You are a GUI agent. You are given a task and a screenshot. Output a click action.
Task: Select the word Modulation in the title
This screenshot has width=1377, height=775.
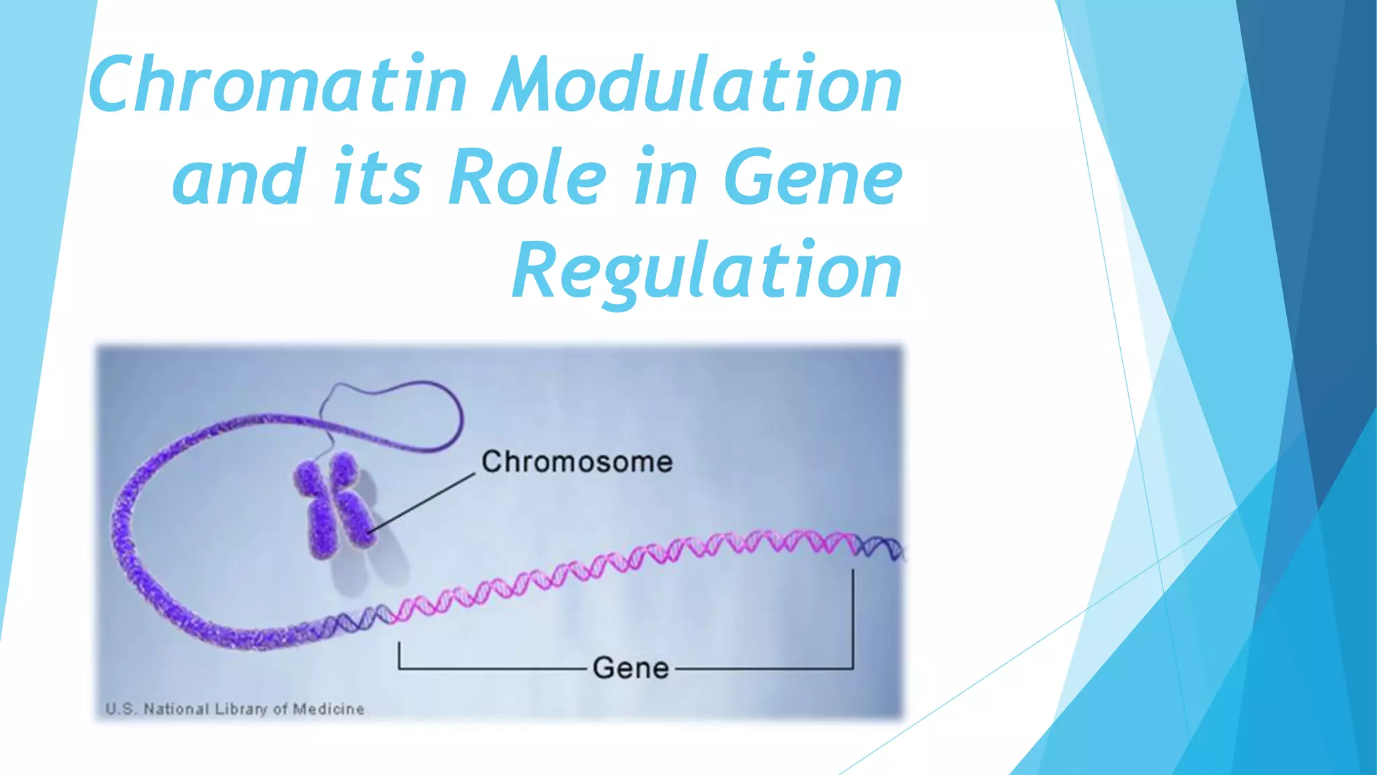tap(697, 85)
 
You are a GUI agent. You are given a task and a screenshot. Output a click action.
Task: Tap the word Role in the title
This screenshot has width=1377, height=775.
tap(528, 177)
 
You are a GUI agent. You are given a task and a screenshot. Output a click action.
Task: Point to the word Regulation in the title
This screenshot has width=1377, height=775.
tap(707, 270)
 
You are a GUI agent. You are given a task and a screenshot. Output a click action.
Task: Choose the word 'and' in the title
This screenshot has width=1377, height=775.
tap(239, 177)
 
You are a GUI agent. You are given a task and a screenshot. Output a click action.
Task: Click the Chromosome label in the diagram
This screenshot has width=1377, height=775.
tap(577, 462)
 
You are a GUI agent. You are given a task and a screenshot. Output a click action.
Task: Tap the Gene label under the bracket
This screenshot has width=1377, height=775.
tap(631, 668)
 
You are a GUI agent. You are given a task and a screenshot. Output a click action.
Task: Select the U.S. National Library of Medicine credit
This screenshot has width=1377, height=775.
tap(235, 708)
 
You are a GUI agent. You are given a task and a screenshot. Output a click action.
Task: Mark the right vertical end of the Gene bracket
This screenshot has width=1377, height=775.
tap(853, 619)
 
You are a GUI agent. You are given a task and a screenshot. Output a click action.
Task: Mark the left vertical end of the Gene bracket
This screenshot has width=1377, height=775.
tap(399, 655)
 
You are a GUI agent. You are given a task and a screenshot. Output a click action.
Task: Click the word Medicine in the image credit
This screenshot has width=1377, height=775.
tap(329, 708)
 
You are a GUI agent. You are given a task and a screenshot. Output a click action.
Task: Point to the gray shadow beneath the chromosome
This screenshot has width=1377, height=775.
tap(383, 558)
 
